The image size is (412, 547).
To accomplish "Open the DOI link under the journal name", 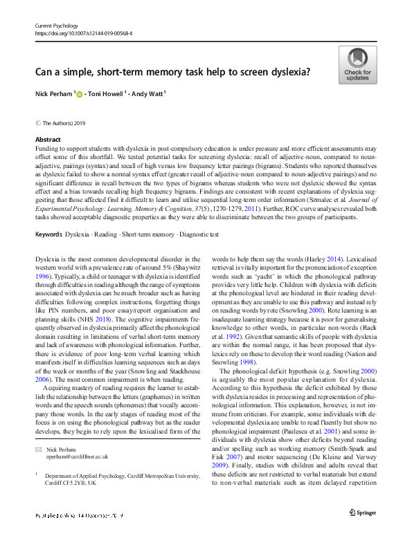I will [x=84, y=33].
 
